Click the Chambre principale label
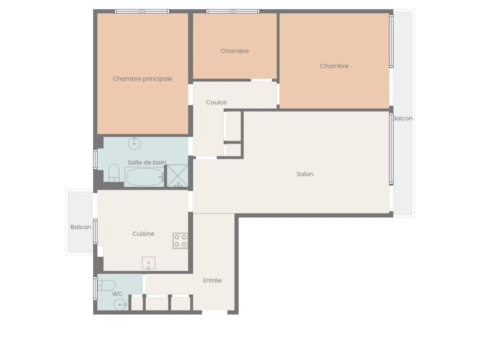(143, 79)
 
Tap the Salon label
(305, 174)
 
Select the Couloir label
(216, 102)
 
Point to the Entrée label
(212, 281)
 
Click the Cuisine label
(143, 234)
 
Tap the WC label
(117, 294)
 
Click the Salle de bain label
(147, 162)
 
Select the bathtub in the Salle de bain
(144, 177)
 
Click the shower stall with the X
(177, 176)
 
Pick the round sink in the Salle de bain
(134, 144)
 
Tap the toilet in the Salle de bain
(114, 173)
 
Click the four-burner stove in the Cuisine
(180, 241)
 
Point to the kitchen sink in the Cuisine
(149, 263)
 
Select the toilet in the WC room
(107, 286)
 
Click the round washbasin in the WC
(120, 305)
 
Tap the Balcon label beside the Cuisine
(81, 227)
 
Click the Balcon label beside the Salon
(403, 118)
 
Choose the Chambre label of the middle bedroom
(235, 51)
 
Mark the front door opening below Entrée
(215, 312)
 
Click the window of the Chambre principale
(142, 11)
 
